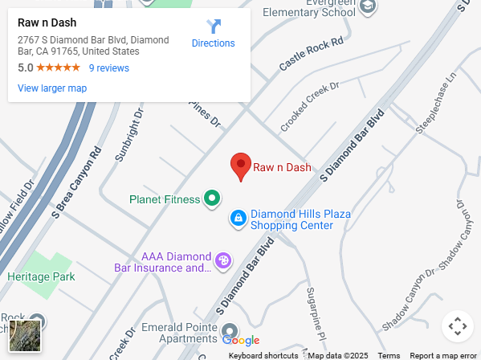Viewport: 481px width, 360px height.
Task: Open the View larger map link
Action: pyautogui.click(x=52, y=88)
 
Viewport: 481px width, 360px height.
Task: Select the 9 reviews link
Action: pyautogui.click(x=108, y=68)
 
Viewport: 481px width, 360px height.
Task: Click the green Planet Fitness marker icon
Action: pyautogui.click(x=212, y=197)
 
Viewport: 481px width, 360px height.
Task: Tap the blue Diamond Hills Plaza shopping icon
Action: pyautogui.click(x=238, y=218)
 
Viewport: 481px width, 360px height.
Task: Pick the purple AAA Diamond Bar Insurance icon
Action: pyautogui.click(x=223, y=260)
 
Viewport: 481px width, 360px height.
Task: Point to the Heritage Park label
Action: pyautogui.click(x=41, y=276)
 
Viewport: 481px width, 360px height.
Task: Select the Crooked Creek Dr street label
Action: pyautogui.click(x=310, y=107)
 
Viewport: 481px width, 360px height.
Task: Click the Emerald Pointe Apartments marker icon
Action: pyautogui.click(x=230, y=331)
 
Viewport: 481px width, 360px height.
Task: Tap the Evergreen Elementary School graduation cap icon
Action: pyautogui.click(x=368, y=7)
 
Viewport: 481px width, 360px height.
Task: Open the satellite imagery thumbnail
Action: pyautogui.click(x=25, y=335)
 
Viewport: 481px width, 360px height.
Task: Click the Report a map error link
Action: pyautogui.click(x=443, y=355)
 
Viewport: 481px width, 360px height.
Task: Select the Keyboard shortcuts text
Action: pyautogui.click(x=263, y=355)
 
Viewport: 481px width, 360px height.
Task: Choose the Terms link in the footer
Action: pyautogui.click(x=389, y=355)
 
